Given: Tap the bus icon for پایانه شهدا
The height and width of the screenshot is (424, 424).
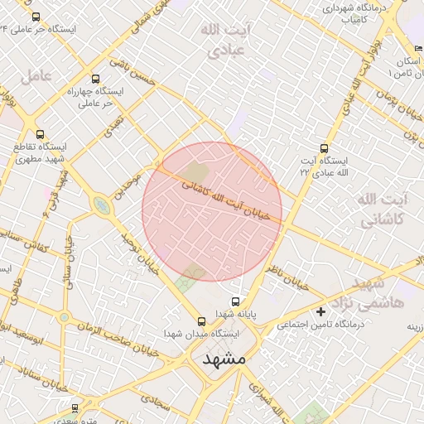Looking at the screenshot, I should coord(236,301).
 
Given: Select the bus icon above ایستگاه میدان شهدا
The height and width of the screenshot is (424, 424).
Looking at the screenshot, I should coord(201,320).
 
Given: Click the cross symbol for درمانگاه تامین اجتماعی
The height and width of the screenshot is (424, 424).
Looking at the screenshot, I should coord(320,311).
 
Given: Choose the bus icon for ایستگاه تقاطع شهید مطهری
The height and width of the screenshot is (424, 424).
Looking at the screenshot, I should coord(41,133).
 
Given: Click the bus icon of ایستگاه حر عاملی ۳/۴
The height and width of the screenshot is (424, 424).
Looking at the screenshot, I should coord(36,16).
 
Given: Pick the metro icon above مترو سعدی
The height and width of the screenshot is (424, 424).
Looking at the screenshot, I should coord(75,407).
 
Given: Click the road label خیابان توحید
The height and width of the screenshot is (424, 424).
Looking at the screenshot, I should coord(138,253).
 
